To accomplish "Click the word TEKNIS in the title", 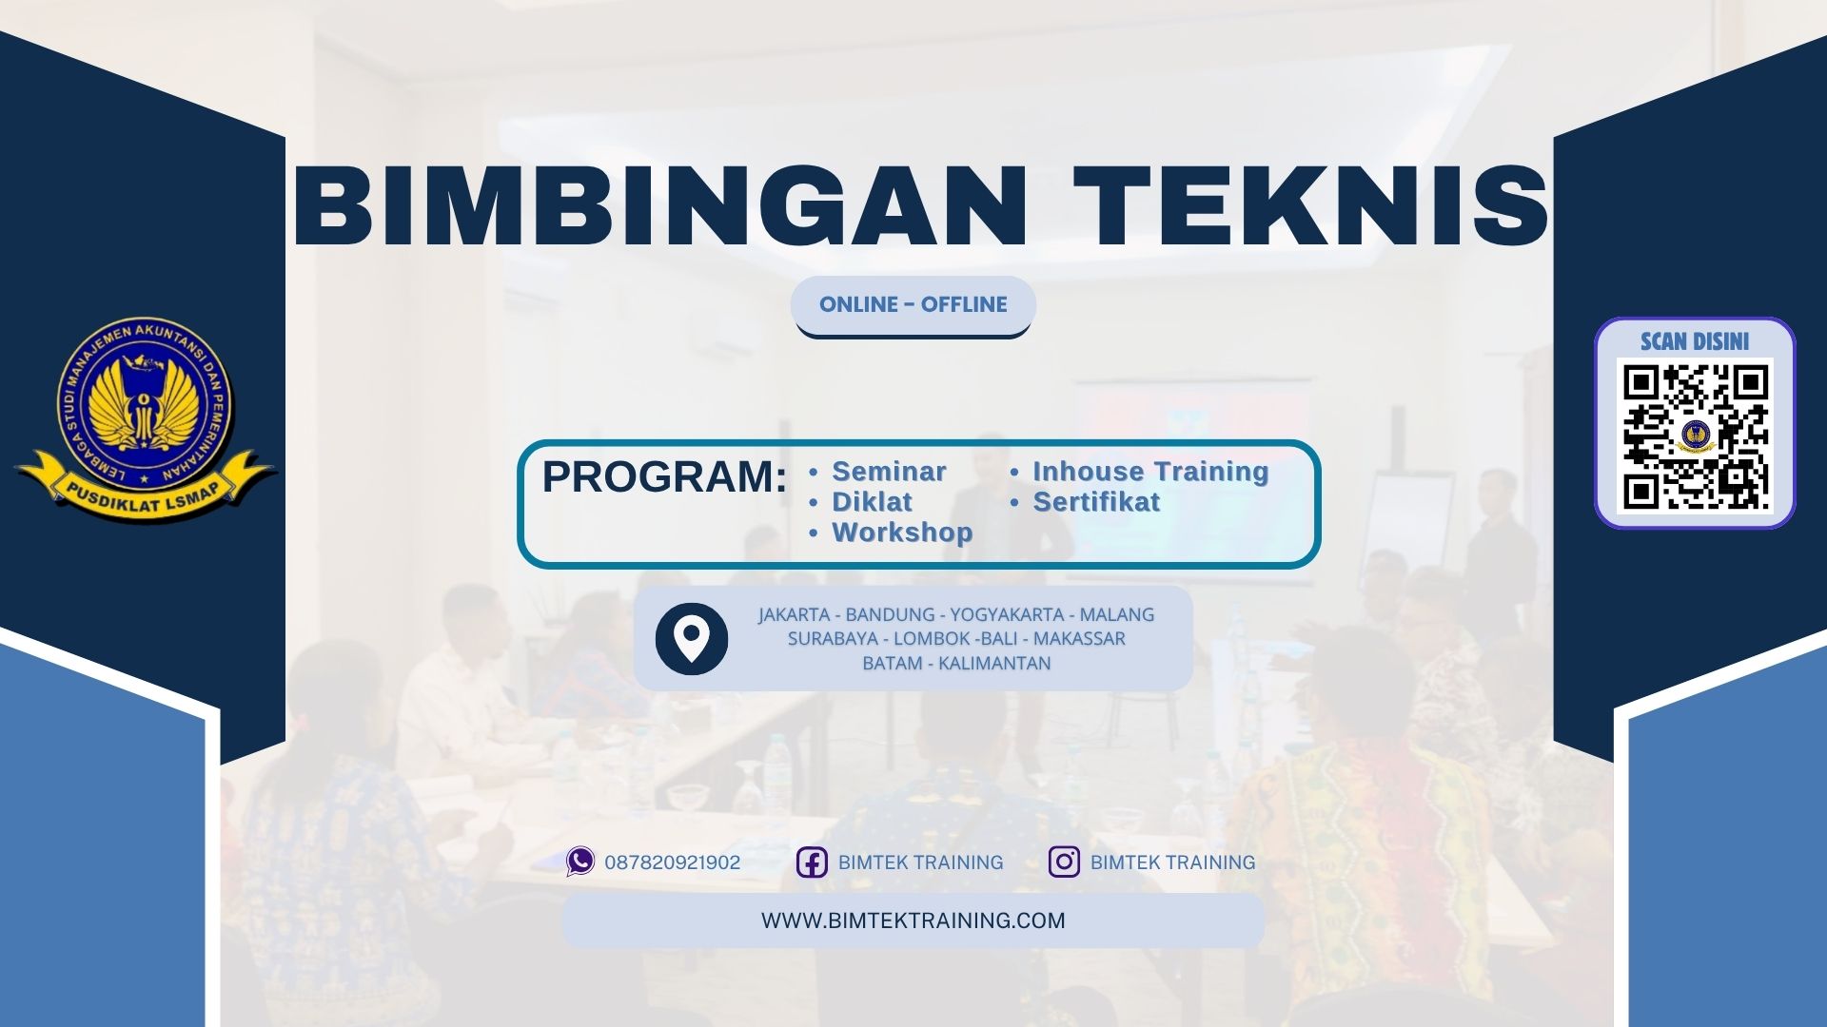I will tap(1317, 205).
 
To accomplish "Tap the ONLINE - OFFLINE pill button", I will tap(913, 305).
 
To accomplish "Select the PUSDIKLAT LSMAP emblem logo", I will tap(145, 418).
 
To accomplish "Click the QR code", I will tap(1695, 436).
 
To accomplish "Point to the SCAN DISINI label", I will tap(1695, 341).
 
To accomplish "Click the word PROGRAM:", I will tap(664, 476).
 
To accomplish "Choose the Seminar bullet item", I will tap(889, 472).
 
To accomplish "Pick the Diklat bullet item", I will tap(872, 502).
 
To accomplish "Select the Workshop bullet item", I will tap(902, 533).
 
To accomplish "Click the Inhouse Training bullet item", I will tap(1150, 472).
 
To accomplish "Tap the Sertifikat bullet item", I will tap(1096, 502).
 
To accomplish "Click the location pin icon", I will tap(692, 638).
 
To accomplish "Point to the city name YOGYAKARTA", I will tap(1007, 615).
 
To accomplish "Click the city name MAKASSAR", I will tap(1079, 639).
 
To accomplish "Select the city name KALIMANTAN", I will tap(994, 664).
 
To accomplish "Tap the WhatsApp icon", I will tap(580, 862).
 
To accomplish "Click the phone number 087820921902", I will tap(672, 862).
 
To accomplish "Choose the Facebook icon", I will tap(812, 862).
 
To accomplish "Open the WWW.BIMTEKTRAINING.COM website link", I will tap(913, 920).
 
